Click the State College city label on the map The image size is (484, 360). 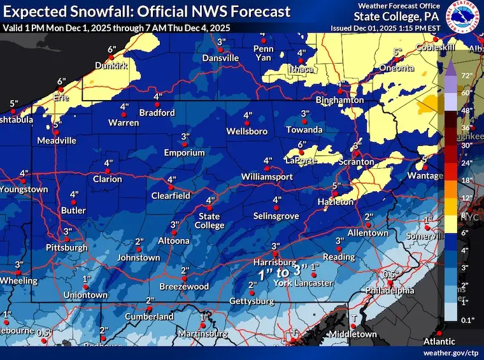(210, 221)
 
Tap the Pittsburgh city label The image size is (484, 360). (66, 247)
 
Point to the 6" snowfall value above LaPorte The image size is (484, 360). (302, 145)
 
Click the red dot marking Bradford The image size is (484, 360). (157, 104)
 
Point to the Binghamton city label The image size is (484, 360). (342, 100)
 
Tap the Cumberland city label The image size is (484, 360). (148, 317)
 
